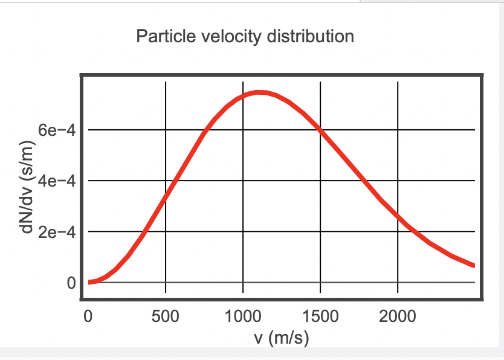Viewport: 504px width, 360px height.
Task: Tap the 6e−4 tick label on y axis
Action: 55,130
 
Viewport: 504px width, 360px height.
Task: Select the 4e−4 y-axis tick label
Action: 55,181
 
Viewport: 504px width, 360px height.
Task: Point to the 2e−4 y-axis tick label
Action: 55,231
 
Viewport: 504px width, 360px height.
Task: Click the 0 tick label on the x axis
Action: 88,316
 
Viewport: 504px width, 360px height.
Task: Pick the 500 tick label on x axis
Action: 165,316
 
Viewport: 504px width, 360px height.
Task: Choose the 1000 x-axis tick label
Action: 243,316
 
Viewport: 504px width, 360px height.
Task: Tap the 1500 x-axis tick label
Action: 320,316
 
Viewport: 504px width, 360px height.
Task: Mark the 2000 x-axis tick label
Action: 398,316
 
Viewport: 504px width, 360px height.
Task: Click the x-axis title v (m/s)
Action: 282,337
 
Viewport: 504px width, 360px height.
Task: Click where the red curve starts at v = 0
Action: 89,282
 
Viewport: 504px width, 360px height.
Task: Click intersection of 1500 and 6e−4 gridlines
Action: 320,130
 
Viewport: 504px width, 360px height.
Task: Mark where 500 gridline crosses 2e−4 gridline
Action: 166,231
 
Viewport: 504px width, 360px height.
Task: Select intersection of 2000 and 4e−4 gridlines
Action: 398,181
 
